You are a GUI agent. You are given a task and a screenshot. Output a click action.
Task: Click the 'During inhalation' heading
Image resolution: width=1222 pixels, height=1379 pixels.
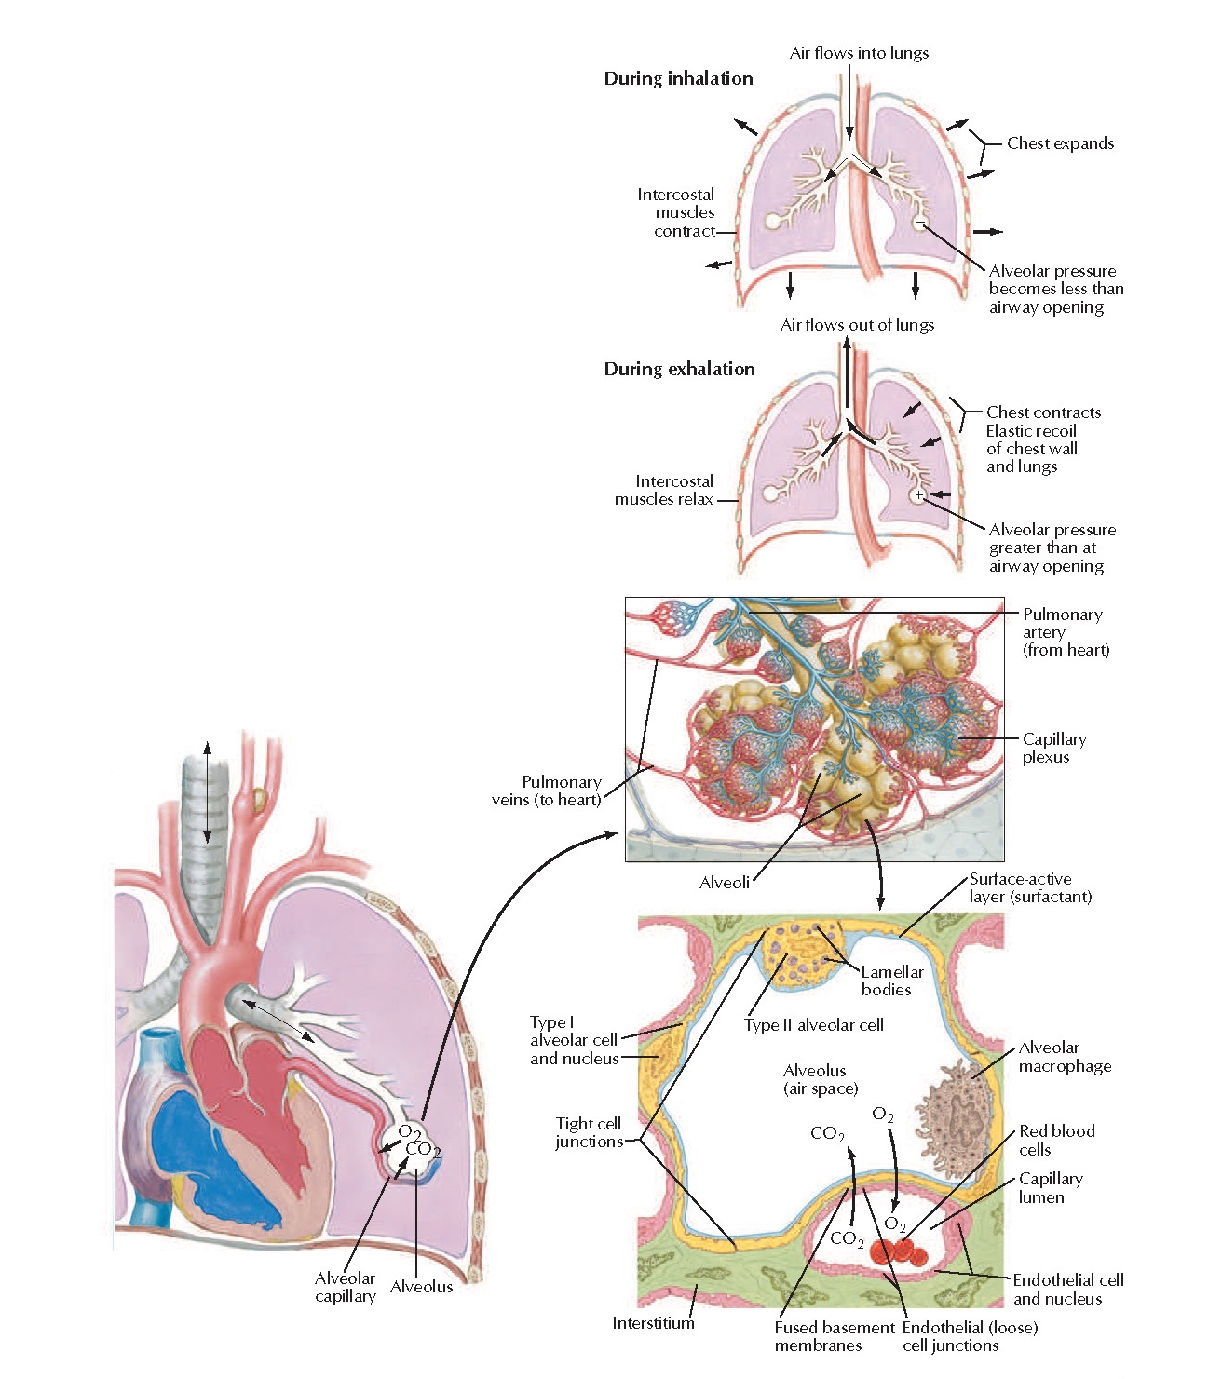(678, 79)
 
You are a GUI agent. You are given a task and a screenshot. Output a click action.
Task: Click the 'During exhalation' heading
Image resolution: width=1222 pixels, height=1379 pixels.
(679, 369)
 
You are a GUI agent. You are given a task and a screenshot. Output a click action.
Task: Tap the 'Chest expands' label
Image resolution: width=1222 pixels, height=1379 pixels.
(1060, 143)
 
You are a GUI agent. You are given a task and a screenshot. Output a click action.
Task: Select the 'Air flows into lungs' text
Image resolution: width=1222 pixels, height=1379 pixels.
(859, 53)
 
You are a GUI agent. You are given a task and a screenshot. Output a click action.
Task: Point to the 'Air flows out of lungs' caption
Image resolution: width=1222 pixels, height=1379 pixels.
(857, 325)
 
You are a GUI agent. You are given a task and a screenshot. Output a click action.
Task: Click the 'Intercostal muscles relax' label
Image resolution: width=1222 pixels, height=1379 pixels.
(664, 491)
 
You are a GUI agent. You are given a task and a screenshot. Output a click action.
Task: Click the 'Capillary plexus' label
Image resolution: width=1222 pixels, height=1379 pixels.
(1053, 748)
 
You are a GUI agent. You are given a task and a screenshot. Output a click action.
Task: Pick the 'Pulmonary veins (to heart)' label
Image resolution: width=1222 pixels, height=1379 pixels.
(547, 791)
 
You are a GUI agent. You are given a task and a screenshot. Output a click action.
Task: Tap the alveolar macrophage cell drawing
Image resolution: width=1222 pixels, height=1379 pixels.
(951, 1111)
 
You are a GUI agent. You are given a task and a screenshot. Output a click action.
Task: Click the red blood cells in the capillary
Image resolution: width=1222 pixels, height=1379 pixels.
(899, 1252)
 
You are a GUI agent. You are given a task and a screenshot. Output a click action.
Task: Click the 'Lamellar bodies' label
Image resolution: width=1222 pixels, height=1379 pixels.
(891, 980)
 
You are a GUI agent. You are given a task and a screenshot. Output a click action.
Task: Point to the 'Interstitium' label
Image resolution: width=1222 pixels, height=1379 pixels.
(653, 1323)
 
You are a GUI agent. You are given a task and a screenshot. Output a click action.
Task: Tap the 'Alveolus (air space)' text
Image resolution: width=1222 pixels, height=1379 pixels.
(820, 1079)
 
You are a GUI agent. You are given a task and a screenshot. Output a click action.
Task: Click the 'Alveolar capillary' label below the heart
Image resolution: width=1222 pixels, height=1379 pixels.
(345, 1287)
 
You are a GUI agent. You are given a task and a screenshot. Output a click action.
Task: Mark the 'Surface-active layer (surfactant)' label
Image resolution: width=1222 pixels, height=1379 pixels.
(1029, 887)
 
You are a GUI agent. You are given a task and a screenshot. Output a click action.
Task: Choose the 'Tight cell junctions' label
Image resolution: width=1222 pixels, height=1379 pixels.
(589, 1132)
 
